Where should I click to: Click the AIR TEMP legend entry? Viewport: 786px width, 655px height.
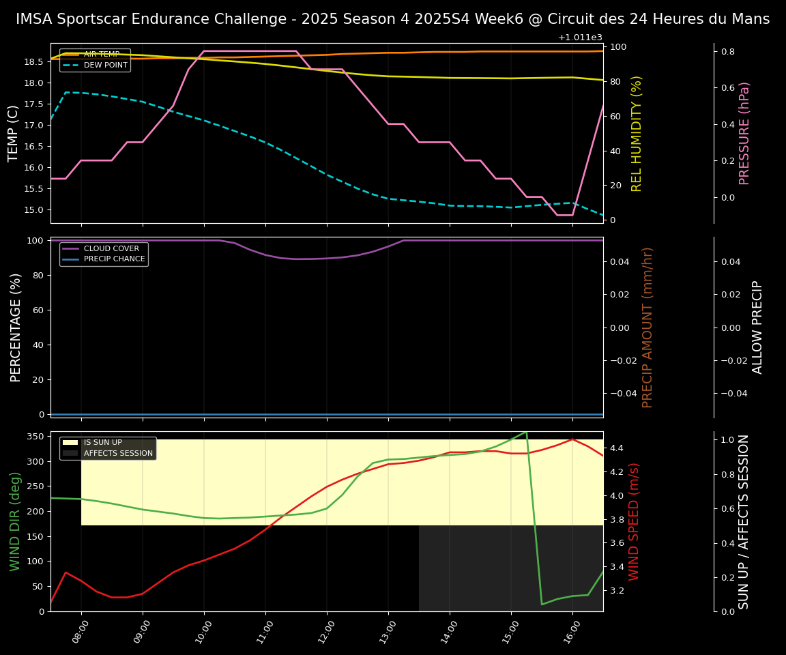pyautogui.click(x=102, y=55)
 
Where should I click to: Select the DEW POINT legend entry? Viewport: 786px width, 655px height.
pyautogui.click(x=106, y=65)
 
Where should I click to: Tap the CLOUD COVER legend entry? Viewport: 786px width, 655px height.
pyautogui.click(x=111, y=249)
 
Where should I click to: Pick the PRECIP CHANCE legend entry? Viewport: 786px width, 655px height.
pyautogui.click(x=114, y=259)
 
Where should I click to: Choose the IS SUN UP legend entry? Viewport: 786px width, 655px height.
pyautogui.click(x=102, y=443)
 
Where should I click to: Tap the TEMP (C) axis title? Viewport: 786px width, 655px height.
pyautogui.click(x=14, y=133)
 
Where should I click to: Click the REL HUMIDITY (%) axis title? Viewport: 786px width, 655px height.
pyautogui.click(x=637, y=133)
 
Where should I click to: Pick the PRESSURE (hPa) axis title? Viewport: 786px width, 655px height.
pyautogui.click(x=744, y=133)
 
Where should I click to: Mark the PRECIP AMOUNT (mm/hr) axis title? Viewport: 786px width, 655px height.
pyautogui.click(x=647, y=327)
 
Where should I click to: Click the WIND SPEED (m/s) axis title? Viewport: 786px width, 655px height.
pyautogui.click(x=634, y=521)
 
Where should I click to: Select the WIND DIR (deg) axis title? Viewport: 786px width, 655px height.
pyautogui.click(x=15, y=521)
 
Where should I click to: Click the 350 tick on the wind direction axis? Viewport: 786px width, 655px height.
pyautogui.click(x=38, y=436)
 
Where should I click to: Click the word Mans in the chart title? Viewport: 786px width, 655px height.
pyautogui.click(x=751, y=19)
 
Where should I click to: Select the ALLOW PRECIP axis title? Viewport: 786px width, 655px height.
pyautogui.click(x=757, y=327)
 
